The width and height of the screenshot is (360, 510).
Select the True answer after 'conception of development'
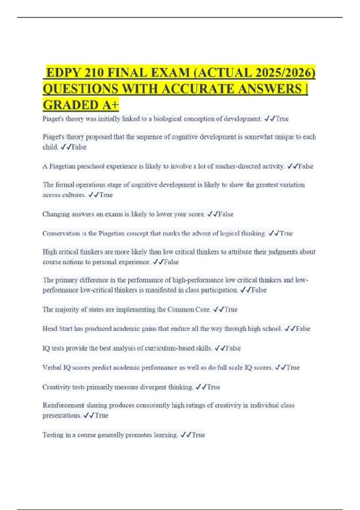click(282, 119)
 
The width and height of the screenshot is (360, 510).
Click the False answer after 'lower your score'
click(226, 214)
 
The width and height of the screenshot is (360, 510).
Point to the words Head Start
click(57, 328)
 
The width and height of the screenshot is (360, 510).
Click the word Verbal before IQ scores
click(52, 367)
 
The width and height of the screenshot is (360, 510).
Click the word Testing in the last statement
click(53, 435)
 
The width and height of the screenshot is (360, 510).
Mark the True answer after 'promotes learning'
click(198, 435)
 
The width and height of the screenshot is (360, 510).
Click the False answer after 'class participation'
click(259, 290)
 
